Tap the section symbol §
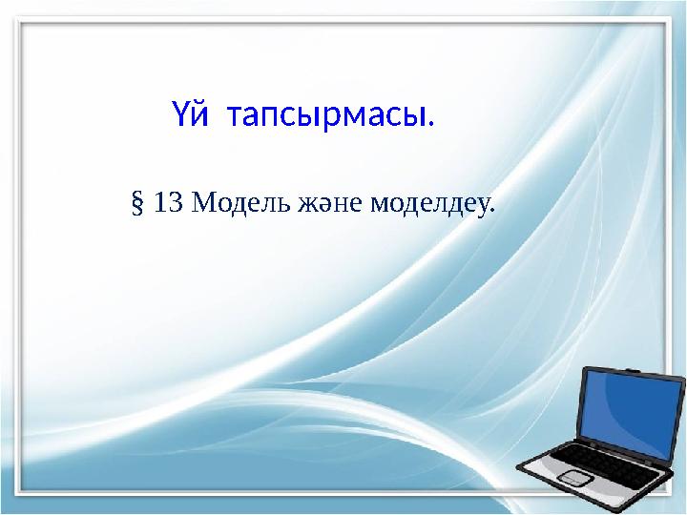[x=135, y=203]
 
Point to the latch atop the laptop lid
[x=634, y=365]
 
